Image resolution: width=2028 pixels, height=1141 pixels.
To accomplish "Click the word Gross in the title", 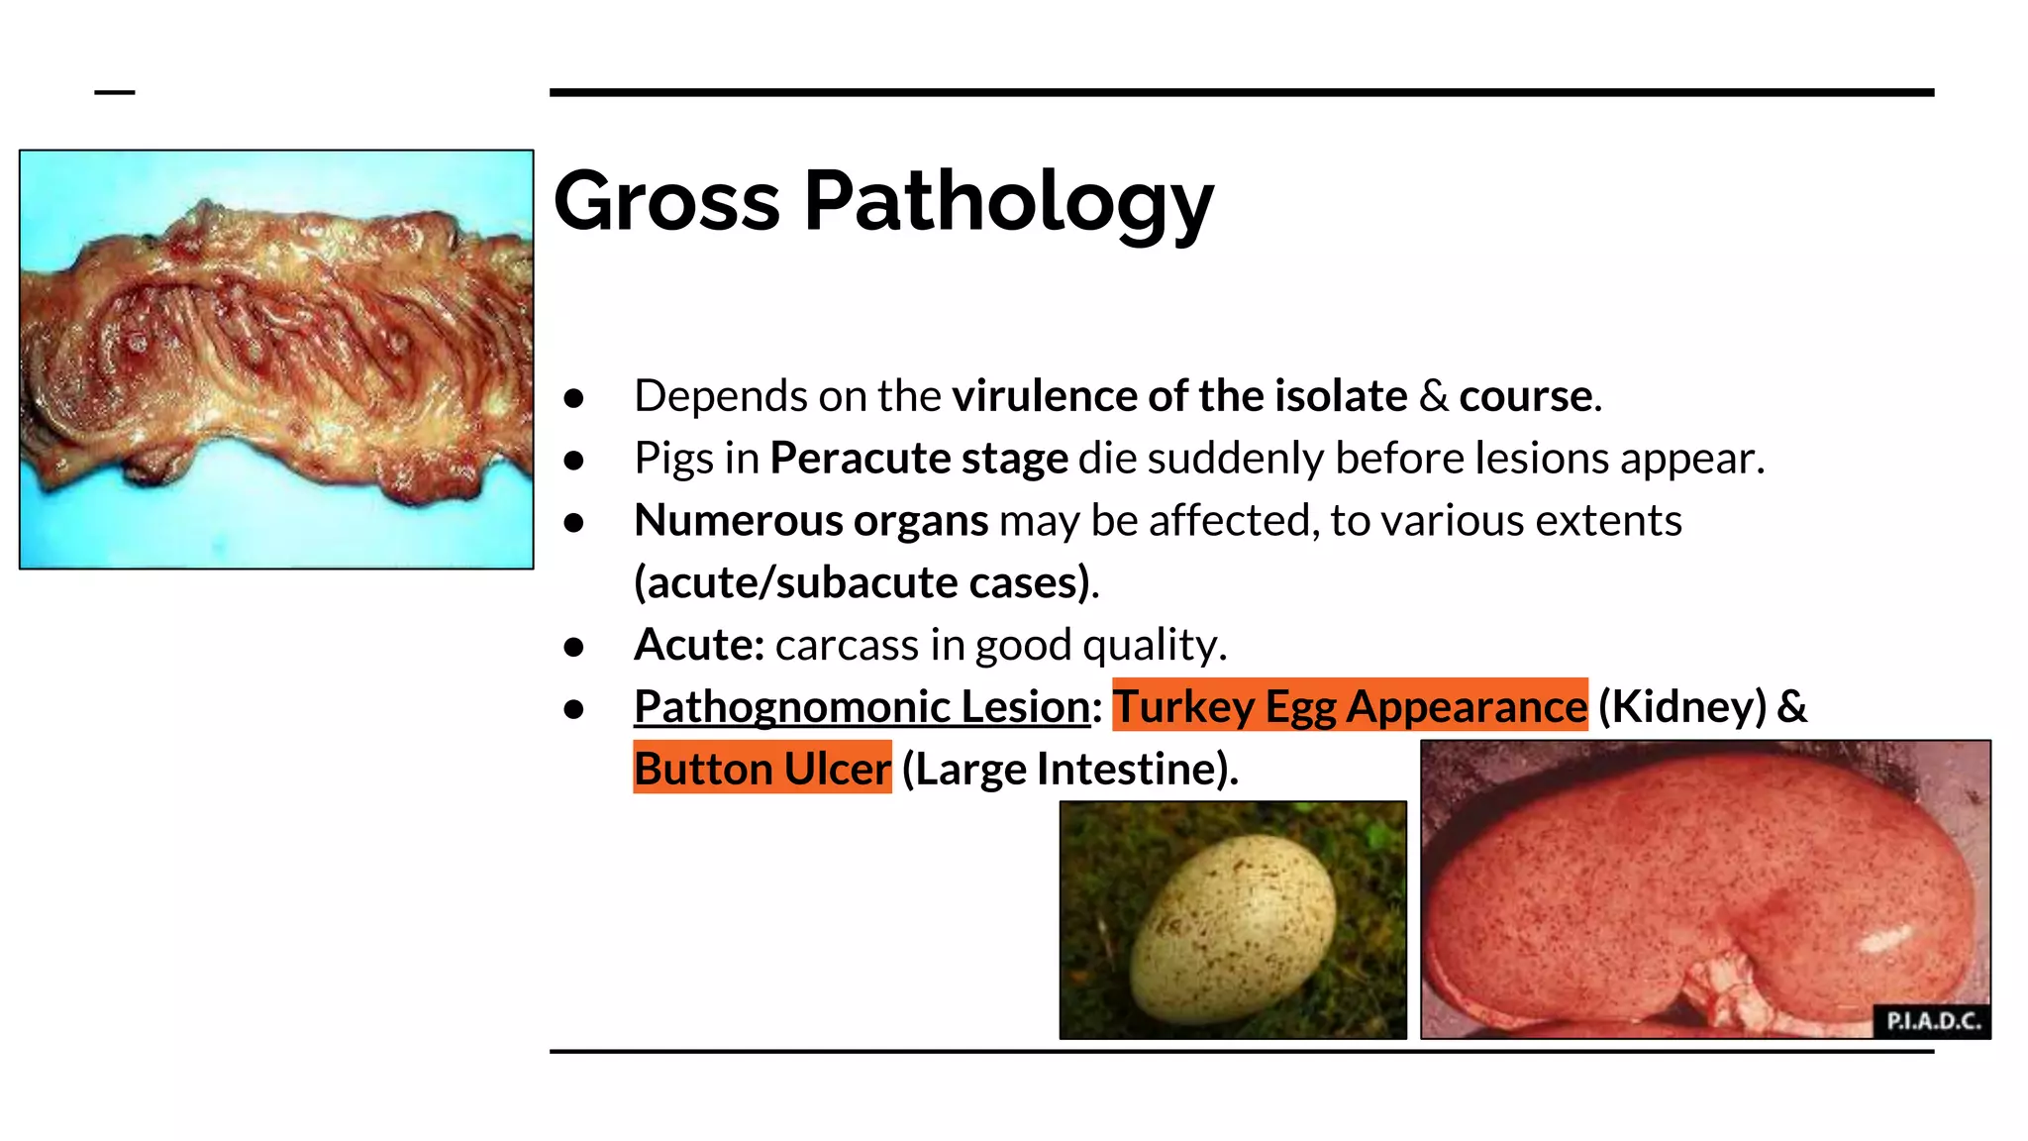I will pyautogui.click(x=666, y=201).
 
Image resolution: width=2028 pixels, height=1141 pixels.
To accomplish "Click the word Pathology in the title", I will pyautogui.click(x=1008, y=203).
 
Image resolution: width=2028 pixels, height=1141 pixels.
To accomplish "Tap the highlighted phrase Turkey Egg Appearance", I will pyautogui.click(x=1349, y=706).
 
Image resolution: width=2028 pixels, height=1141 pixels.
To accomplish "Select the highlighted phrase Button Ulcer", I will pyautogui.click(x=761, y=769).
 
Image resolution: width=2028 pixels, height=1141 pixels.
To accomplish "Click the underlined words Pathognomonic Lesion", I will pyautogui.click(x=862, y=706).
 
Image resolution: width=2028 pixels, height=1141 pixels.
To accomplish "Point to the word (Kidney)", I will pyautogui.click(x=1681, y=706).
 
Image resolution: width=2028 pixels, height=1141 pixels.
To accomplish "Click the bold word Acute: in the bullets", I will pyautogui.click(x=699, y=645).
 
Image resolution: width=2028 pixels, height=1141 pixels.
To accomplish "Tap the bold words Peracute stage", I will pyautogui.click(x=919, y=459).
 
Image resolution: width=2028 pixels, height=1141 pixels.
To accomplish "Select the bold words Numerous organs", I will pyautogui.click(x=811, y=521).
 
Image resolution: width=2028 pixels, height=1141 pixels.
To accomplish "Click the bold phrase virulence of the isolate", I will pyautogui.click(x=1178, y=396).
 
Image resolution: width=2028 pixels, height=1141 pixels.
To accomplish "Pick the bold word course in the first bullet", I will pyautogui.click(x=1525, y=396).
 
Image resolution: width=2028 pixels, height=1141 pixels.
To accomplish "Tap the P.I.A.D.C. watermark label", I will pyautogui.click(x=1932, y=1021).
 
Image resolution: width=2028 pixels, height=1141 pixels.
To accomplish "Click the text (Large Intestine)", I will pyautogui.click(x=1068, y=769).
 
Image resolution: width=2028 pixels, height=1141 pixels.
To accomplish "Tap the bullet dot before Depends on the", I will pyautogui.click(x=573, y=398).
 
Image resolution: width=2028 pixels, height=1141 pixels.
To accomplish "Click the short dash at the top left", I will pyautogui.click(x=115, y=93).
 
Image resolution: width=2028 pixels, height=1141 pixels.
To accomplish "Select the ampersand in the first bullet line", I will pyautogui.click(x=1433, y=396).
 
